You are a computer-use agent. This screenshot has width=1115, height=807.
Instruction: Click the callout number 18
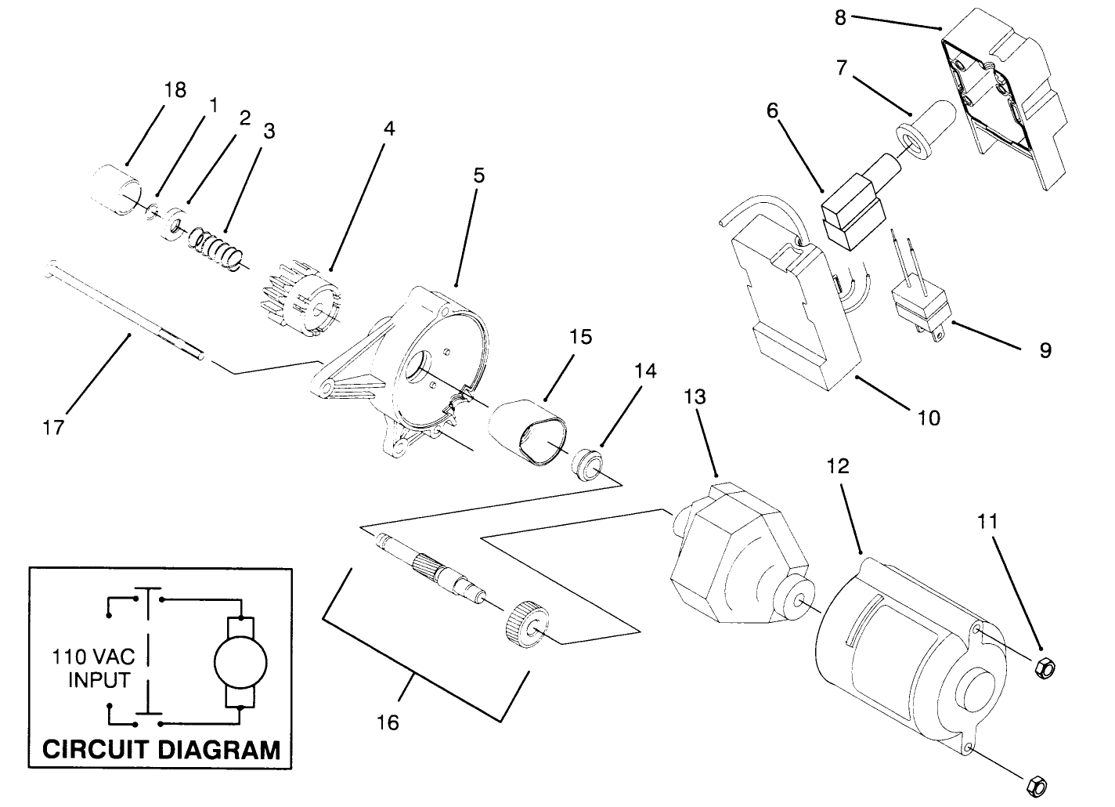pyautogui.click(x=175, y=90)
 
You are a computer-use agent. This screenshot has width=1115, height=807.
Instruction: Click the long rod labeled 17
pyautogui.click(x=125, y=313)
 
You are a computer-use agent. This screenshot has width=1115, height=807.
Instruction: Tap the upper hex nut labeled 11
pyautogui.click(x=1044, y=668)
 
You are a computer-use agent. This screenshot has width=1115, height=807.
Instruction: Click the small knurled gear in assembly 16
pyautogui.click(x=526, y=624)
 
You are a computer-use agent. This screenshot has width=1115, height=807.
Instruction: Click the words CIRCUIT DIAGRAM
pyautogui.click(x=161, y=749)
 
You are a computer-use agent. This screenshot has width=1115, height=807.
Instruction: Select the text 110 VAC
pyautogui.click(x=92, y=655)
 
